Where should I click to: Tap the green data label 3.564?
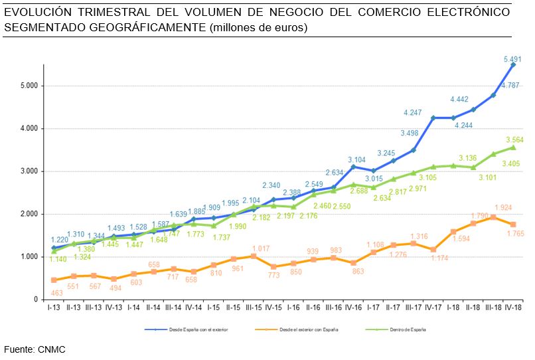point(515,139)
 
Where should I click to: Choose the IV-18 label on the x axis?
point(512,308)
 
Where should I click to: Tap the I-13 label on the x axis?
point(53,308)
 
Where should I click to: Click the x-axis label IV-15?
point(273,308)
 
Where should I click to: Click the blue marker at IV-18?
point(513,64)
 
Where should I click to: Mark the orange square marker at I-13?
point(53,280)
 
